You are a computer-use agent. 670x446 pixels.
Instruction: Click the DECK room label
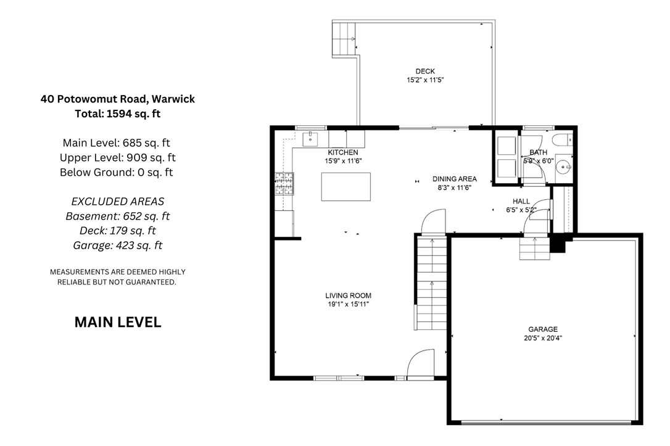point(425,72)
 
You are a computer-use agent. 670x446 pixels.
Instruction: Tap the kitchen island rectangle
point(345,187)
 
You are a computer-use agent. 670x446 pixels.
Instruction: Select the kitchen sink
point(310,139)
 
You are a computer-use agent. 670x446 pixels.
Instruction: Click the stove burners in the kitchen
point(284,183)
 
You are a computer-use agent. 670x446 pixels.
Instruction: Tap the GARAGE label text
point(543,329)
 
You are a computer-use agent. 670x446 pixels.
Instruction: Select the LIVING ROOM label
point(348,295)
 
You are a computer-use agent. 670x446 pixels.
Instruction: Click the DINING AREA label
point(455,179)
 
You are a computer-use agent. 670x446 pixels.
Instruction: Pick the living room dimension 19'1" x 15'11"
point(348,304)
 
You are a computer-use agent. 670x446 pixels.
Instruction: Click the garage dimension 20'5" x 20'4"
point(543,338)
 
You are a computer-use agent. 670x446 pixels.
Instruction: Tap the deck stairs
point(344,39)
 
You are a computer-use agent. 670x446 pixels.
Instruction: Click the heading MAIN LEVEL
point(118,322)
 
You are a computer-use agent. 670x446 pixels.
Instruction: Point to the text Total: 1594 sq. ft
point(118,114)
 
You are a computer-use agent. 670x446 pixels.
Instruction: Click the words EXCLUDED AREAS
point(118,201)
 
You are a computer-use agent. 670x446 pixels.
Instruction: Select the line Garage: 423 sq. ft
point(118,246)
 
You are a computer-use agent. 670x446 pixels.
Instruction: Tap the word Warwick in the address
point(173,99)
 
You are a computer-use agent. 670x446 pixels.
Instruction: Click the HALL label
point(521,201)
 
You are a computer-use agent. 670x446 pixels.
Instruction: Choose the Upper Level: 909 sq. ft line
point(118,158)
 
